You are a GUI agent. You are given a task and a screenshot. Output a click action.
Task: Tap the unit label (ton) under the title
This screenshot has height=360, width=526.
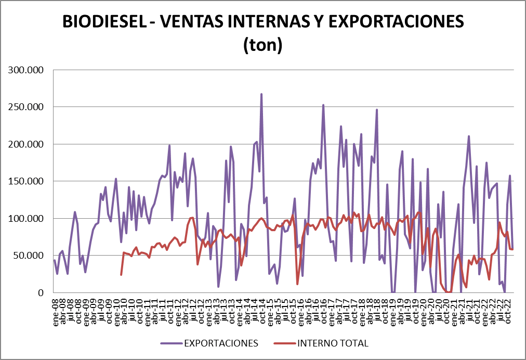(x=262, y=45)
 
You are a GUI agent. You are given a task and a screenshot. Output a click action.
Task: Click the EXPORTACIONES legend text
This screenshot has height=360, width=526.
(x=220, y=343)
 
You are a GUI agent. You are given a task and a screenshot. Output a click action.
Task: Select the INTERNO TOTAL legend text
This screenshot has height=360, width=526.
(x=333, y=343)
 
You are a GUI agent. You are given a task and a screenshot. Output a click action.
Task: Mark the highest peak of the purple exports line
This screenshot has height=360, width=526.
(x=261, y=94)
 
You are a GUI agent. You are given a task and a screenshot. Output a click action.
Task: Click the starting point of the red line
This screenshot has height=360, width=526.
(x=121, y=274)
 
